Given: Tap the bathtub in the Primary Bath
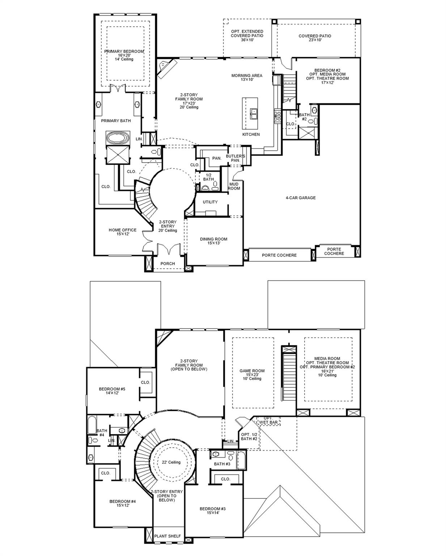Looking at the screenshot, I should pos(118,138).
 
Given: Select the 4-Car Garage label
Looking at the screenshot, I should pos(300,198).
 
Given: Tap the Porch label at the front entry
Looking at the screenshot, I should pos(167,264).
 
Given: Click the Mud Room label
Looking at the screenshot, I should pos(234,186).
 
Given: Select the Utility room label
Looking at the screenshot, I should pos(210,202).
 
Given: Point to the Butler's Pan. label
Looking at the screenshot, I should pos(235,158).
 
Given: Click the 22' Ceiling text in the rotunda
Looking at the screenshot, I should pos(171,462).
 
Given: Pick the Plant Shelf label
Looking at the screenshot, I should pos(167,536).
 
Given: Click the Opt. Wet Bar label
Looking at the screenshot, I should pos(268,420).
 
